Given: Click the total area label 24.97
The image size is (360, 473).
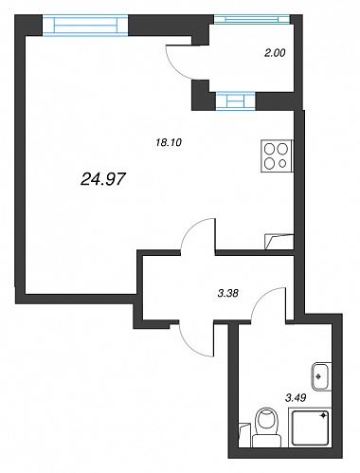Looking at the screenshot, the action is pos(103,179).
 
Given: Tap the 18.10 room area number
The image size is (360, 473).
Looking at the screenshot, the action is pos(169,142).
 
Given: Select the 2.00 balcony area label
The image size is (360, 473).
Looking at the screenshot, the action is pos(275,53).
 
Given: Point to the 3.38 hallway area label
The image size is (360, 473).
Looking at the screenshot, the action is pos(227,293).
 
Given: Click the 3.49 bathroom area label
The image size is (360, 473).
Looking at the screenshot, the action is pos(296,398).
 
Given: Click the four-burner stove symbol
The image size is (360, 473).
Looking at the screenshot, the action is pos(277,156).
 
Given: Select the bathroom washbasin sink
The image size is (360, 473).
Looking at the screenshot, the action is pos(322,376).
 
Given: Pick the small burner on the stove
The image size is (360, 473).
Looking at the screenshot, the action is pos(283,163).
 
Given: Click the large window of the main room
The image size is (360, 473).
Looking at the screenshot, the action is pos(85,25).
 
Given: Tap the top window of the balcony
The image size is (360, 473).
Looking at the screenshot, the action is pos(252,19).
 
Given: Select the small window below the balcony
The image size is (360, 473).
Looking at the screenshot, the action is pos(236,100).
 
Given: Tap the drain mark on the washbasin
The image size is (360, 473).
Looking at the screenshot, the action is pos(318,376).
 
